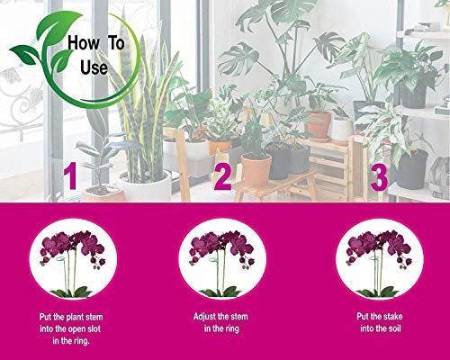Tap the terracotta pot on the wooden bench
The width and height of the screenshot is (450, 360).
256,168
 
